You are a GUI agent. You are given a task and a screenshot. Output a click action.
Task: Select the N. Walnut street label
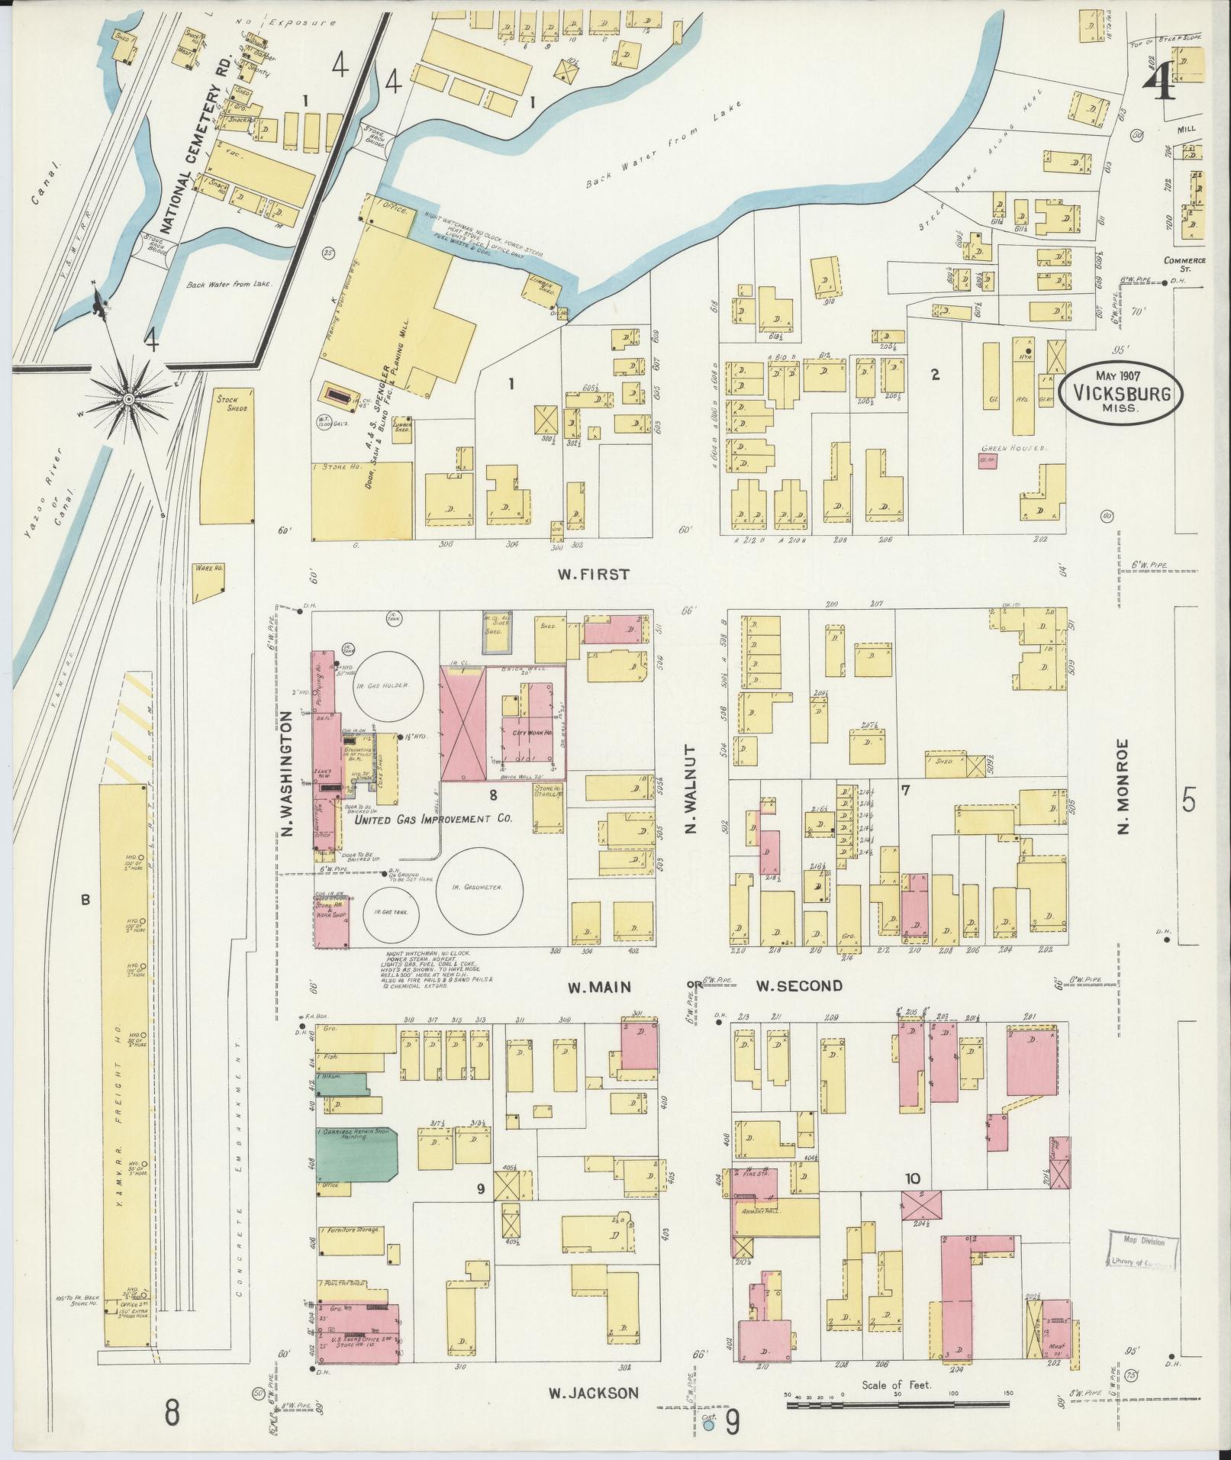click(691, 789)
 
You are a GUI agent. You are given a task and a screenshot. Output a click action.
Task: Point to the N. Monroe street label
click(1123, 785)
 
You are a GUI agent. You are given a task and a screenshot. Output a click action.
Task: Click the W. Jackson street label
click(592, 1393)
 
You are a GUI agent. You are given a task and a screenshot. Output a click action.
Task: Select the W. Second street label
click(799, 986)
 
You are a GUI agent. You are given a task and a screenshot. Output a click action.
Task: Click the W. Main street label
click(599, 988)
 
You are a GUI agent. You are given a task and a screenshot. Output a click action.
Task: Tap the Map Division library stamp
click(1142, 1252)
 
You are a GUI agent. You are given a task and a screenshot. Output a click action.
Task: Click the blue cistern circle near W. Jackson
click(708, 1424)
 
